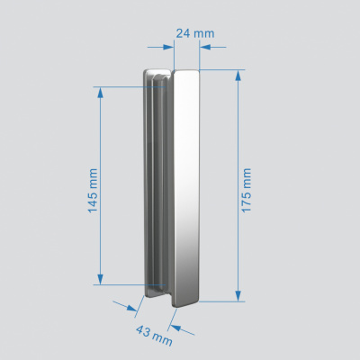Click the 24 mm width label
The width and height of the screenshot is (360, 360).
pyautogui.click(x=194, y=33)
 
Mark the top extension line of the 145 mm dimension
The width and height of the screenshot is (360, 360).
pyautogui.click(x=121, y=87)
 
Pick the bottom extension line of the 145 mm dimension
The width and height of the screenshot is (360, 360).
pyautogui.click(x=121, y=284)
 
